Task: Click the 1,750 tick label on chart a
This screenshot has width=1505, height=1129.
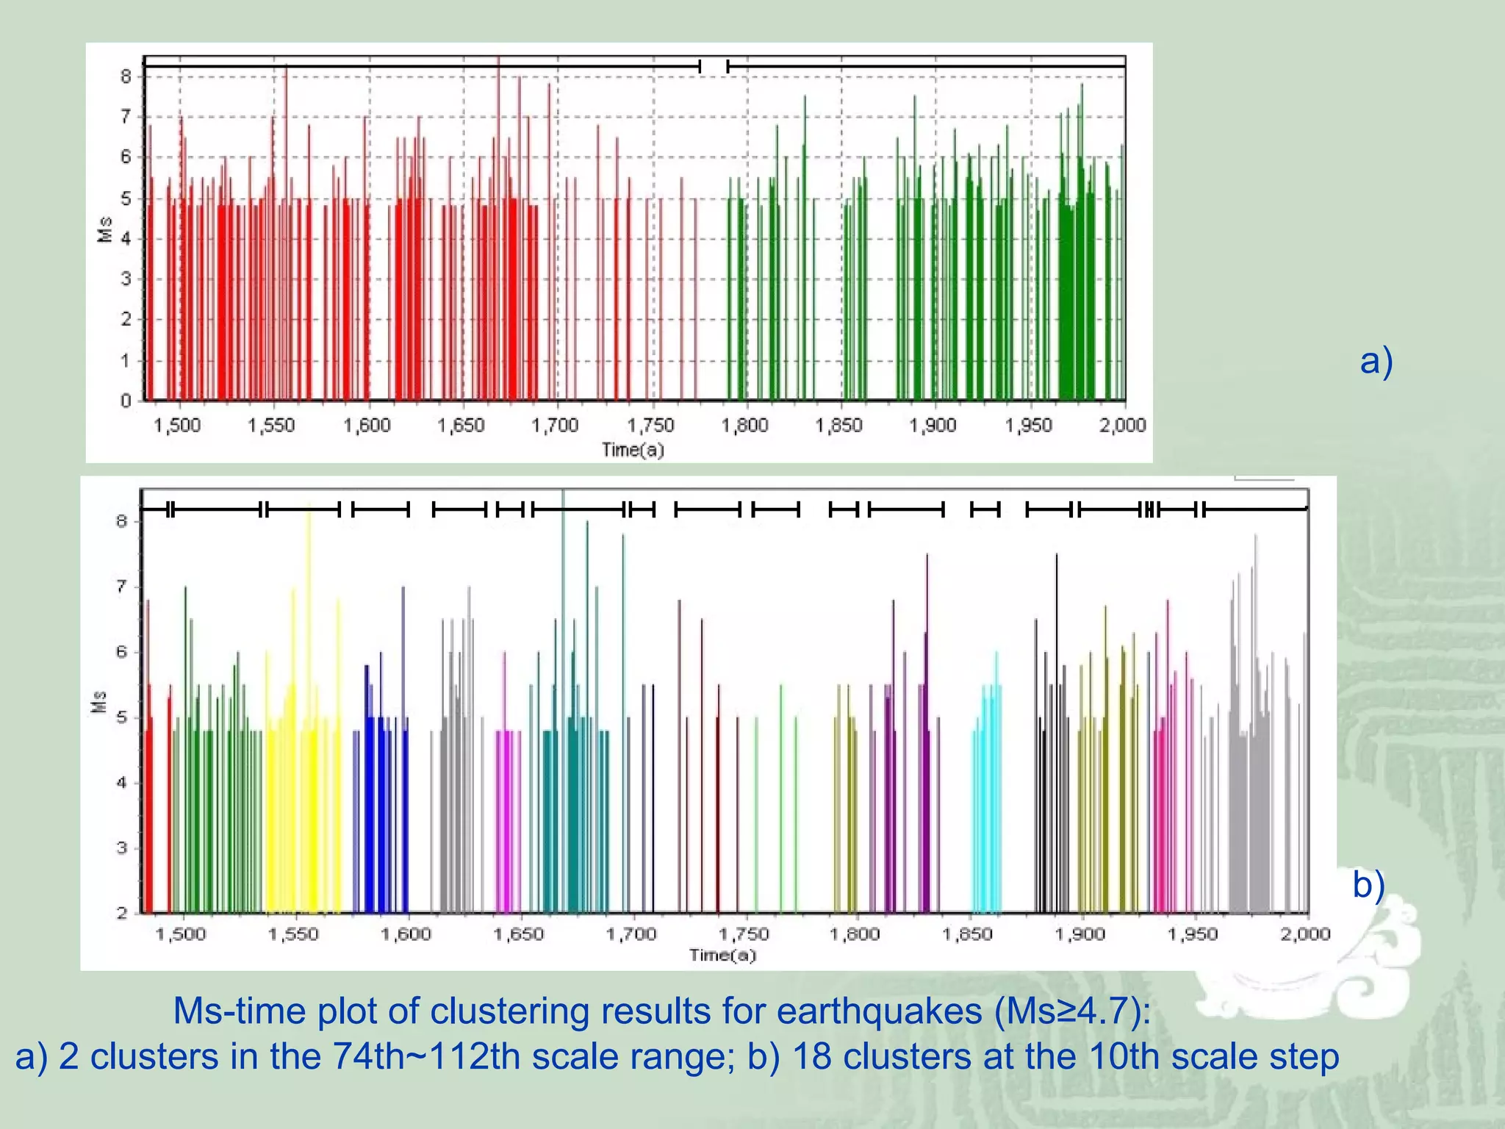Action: tap(650, 426)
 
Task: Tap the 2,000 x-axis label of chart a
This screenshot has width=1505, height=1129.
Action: tap(1123, 426)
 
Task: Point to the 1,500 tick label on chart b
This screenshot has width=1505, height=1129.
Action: tap(182, 934)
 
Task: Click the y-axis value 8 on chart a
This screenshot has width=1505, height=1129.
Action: tap(126, 76)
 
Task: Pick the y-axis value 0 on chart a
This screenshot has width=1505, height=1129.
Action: tap(126, 401)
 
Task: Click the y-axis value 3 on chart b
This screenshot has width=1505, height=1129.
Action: tap(121, 848)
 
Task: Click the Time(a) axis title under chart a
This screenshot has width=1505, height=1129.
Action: tap(633, 450)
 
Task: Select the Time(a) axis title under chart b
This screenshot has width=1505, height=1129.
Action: tap(723, 956)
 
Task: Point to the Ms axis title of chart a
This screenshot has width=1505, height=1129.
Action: tap(105, 229)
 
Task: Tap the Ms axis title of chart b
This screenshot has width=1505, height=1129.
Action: tap(99, 702)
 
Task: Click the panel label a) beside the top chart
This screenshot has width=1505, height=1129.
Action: tap(1376, 362)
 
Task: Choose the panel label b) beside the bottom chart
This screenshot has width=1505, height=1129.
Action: tap(1369, 884)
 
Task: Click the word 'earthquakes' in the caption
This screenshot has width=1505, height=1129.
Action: tap(880, 1011)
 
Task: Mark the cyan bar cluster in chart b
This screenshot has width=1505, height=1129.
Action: tap(987, 782)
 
